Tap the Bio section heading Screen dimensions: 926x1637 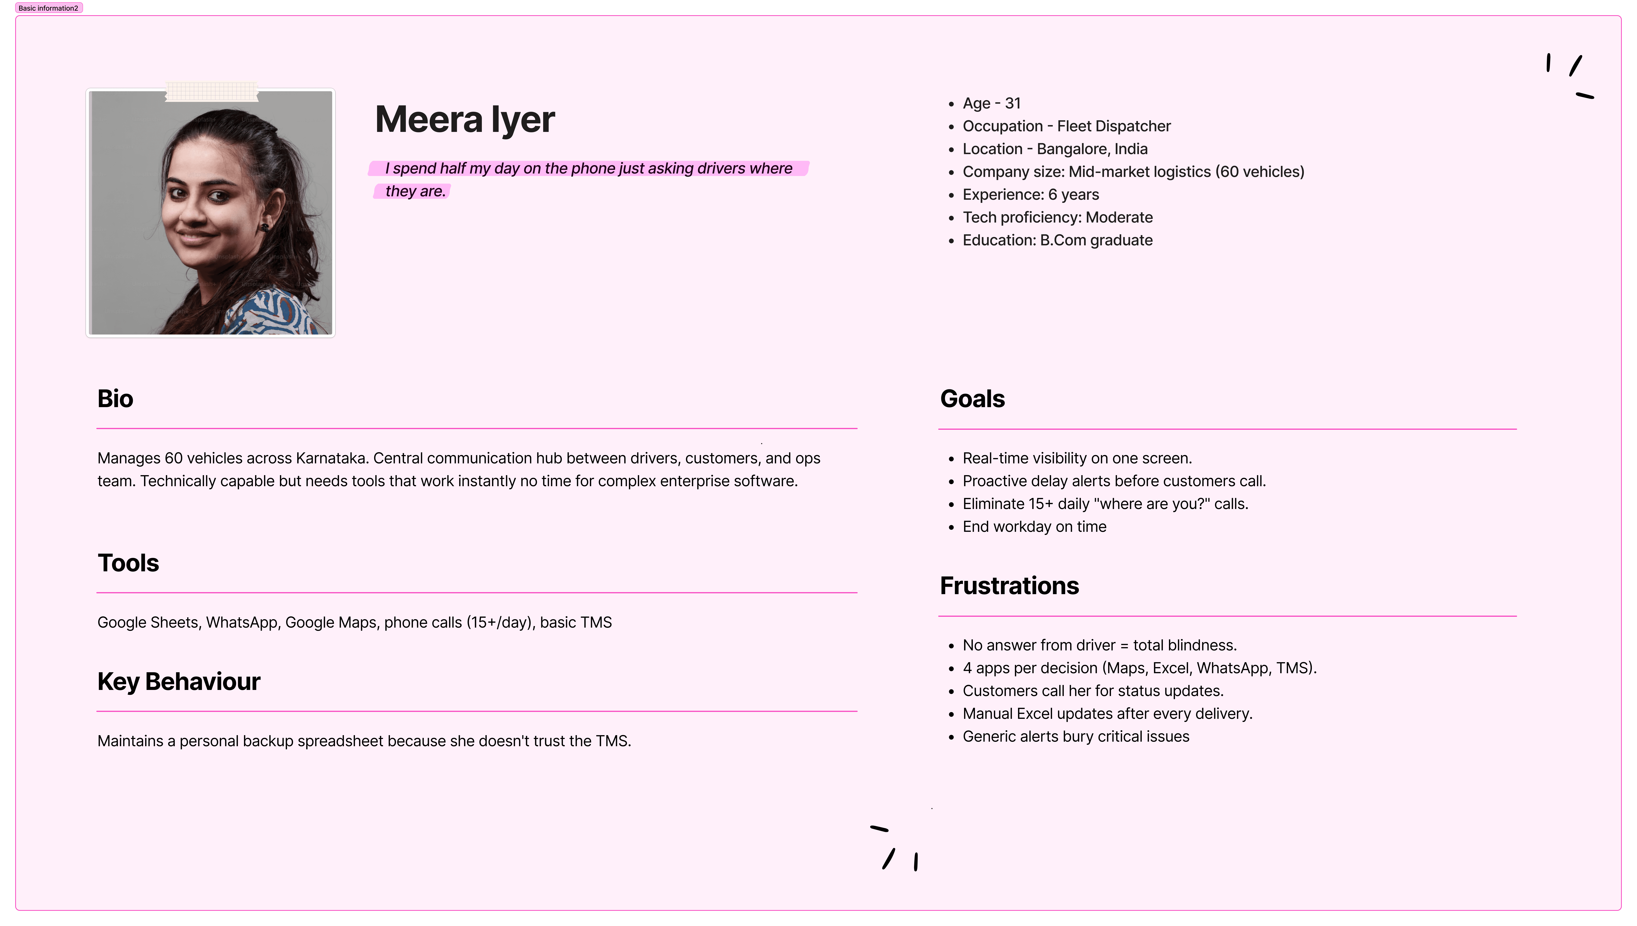(x=115, y=399)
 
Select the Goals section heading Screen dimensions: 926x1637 (x=972, y=399)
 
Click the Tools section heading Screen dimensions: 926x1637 (x=128, y=563)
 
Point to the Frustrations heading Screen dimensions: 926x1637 (x=1009, y=586)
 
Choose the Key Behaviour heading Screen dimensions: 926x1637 (x=179, y=681)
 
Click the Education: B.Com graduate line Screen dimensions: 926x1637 (x=1057, y=240)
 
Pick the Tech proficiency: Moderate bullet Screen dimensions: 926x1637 (x=1057, y=217)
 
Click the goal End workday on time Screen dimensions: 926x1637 (x=1034, y=527)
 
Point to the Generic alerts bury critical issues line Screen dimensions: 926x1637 (x=1076, y=737)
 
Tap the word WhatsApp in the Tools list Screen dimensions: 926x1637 (x=242, y=623)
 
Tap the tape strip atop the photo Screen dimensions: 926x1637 (x=212, y=91)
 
